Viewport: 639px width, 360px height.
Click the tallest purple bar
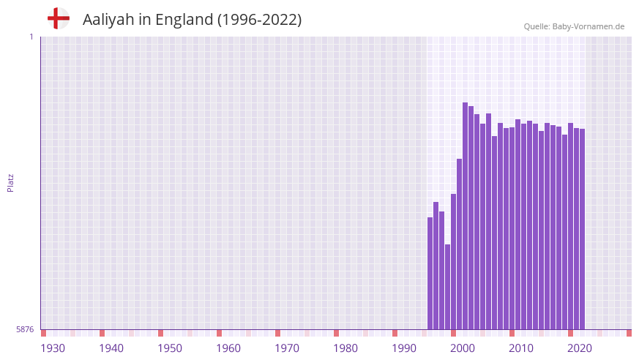coord(465,216)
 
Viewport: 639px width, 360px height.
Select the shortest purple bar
coord(447,287)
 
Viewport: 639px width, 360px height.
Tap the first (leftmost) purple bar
coord(430,273)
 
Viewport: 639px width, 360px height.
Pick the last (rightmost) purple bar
coord(582,229)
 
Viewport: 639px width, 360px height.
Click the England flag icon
coord(59,19)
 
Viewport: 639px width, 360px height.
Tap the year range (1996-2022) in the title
coord(259,20)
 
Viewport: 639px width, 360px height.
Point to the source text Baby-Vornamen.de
coord(588,26)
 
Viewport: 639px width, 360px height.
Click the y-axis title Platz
coord(10,182)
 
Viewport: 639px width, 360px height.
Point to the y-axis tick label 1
coord(31,37)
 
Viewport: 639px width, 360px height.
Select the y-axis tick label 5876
coord(25,330)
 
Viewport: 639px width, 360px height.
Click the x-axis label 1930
coord(53,348)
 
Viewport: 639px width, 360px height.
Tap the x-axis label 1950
coord(170,348)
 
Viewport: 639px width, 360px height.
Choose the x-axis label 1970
coord(287,348)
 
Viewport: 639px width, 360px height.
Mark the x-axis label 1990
coord(404,348)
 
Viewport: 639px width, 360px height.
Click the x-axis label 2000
coord(463,348)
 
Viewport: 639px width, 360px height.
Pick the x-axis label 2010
coord(521,348)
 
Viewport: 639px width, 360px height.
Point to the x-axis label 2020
coord(580,348)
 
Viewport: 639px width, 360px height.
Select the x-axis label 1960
coord(228,348)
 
